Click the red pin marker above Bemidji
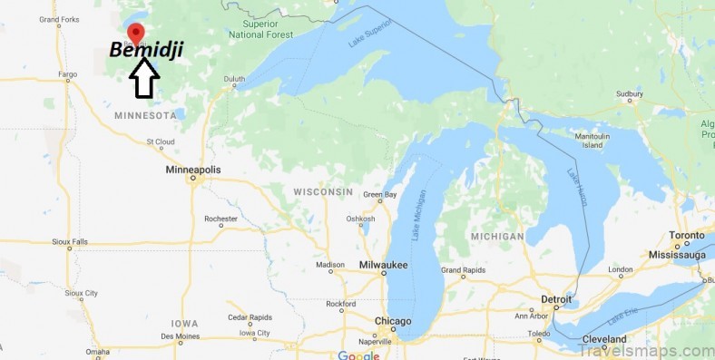[136, 34]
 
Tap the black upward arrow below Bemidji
[144, 80]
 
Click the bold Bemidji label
[146, 51]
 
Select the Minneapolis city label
[192, 170]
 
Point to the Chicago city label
[392, 322]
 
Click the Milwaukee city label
[383, 265]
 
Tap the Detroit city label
[556, 298]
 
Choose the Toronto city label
[687, 235]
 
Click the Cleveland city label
[604, 339]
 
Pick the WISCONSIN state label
[323, 192]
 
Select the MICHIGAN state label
[497, 236]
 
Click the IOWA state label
[183, 323]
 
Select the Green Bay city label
[379, 195]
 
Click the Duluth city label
[235, 78]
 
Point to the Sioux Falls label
[70, 242]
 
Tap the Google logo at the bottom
[358, 355]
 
